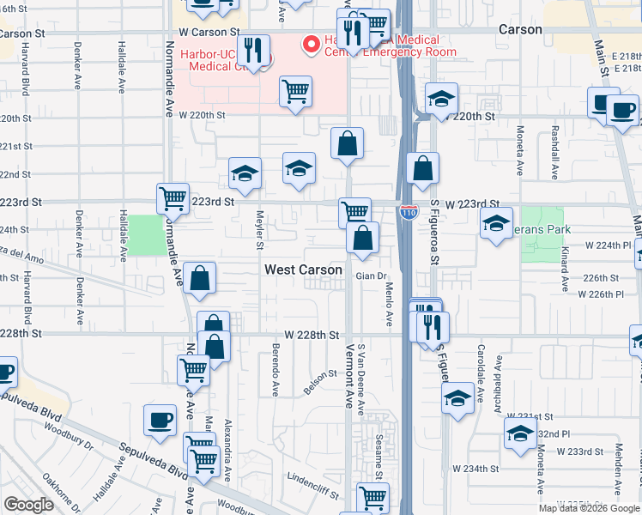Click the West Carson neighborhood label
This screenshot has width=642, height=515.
(x=303, y=270)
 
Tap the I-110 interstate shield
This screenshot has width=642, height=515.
(x=408, y=211)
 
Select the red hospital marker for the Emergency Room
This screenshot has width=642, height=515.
(x=308, y=42)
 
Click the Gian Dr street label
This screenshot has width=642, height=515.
(x=368, y=276)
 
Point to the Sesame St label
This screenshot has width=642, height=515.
(x=378, y=460)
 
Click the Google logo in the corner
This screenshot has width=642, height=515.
(x=28, y=505)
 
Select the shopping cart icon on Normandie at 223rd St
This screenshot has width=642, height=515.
(x=173, y=198)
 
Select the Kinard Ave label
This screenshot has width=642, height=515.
(x=565, y=268)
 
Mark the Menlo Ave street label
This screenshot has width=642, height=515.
(x=388, y=305)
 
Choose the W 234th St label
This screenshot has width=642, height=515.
(x=477, y=469)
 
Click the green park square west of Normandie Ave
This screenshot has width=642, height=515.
(x=146, y=235)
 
